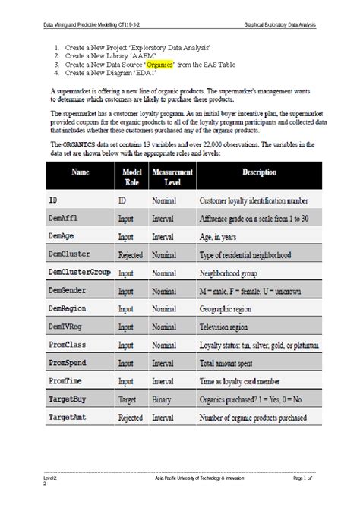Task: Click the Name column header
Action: coord(81,172)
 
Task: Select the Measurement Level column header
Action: coord(172,178)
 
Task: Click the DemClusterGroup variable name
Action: coord(80,272)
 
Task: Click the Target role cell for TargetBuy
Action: coord(128,398)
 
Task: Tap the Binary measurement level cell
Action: coord(163,398)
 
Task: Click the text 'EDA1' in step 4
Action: coord(143,74)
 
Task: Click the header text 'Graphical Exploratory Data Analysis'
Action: coord(279,24)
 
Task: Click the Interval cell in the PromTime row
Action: coord(164,380)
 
